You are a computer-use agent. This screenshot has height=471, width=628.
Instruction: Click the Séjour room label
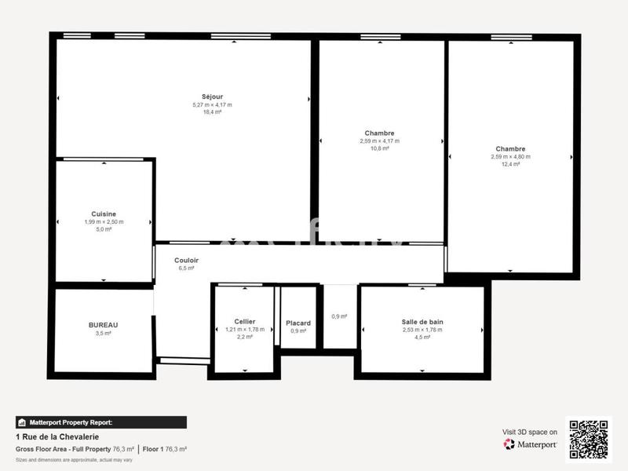click(212, 97)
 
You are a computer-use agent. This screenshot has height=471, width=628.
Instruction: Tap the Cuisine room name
click(104, 214)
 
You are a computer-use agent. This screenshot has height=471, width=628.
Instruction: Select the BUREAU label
click(104, 324)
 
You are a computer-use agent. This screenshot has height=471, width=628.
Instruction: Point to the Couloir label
click(186, 260)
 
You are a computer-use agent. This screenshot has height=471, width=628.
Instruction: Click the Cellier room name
click(245, 321)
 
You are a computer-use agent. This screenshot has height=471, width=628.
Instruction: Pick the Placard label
click(298, 323)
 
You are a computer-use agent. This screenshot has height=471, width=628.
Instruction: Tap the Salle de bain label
click(422, 322)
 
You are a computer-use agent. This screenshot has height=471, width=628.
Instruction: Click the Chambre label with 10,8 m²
click(379, 133)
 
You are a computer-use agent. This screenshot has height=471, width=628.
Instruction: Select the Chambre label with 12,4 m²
click(510, 148)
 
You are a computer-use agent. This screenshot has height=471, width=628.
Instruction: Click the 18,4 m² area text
click(212, 112)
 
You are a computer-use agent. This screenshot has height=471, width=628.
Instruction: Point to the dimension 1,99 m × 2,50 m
click(104, 221)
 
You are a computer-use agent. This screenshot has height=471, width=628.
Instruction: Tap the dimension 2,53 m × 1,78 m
click(422, 330)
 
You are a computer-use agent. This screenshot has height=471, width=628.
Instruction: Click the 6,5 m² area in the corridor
click(186, 268)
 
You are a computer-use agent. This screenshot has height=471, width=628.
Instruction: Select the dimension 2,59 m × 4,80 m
click(510, 156)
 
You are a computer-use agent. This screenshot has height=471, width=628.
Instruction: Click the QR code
click(588, 439)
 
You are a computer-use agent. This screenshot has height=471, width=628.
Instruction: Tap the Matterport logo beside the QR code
click(530, 444)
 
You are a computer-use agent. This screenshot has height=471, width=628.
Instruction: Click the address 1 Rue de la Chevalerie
click(57, 436)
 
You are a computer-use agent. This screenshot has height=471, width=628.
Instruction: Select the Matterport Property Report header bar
click(100, 422)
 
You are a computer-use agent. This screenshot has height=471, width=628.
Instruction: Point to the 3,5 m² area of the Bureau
click(104, 333)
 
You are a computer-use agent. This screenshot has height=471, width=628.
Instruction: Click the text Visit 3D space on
click(530, 432)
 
